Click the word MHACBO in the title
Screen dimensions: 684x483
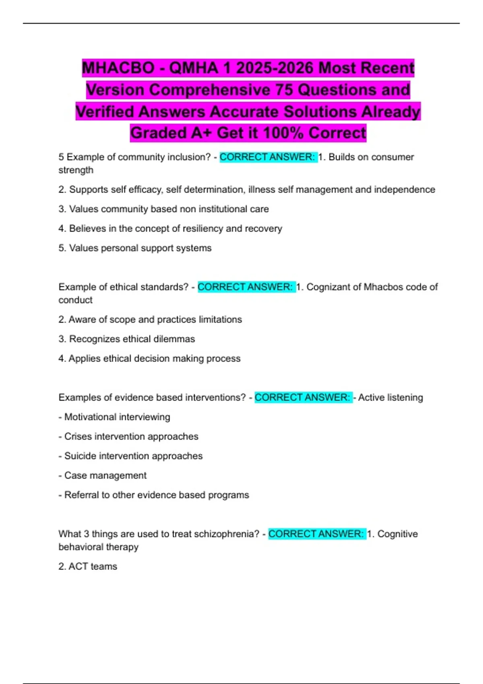[118, 68]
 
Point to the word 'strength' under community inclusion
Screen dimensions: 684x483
[76, 170]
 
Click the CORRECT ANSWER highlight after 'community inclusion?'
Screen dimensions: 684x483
[268, 157]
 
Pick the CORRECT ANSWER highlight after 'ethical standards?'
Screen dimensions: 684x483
[246, 287]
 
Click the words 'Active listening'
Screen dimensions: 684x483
[390, 398]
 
